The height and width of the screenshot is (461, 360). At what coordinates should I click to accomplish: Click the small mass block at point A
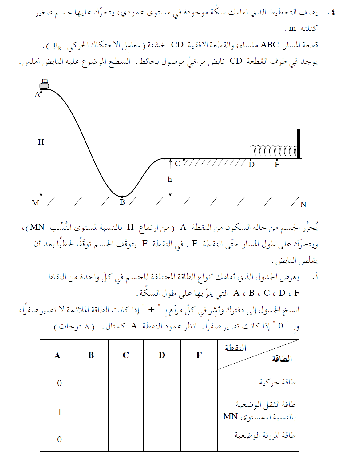coord(44,86)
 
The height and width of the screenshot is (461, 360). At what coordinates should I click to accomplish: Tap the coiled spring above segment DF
coord(274,151)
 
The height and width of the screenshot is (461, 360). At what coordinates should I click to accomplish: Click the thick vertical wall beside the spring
coord(299,144)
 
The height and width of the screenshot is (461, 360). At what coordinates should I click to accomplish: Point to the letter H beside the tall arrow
coord(41,142)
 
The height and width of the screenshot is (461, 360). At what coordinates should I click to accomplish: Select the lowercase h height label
coord(170,179)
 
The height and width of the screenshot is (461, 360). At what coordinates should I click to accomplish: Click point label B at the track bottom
coord(122,202)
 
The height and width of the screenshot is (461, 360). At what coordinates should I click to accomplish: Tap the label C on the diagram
coord(177,164)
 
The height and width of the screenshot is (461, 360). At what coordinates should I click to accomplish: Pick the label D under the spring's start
coord(251,165)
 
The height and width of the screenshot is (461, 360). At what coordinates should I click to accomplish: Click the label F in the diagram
coord(277,165)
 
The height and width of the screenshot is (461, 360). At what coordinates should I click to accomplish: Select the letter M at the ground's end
coord(35,203)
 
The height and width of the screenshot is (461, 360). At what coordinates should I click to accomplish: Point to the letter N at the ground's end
coord(303,205)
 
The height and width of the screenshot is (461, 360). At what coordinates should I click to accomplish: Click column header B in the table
coord(91,355)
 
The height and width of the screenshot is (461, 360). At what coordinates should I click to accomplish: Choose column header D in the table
coord(162,355)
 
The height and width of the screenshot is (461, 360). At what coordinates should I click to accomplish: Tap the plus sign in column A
coord(60,412)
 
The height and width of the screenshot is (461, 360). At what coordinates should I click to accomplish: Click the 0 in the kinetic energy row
coord(59,383)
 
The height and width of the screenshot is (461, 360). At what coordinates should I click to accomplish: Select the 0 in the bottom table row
coord(59,439)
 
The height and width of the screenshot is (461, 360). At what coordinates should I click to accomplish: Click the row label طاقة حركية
coord(277,382)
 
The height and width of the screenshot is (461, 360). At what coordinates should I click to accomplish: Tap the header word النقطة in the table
coord(235,348)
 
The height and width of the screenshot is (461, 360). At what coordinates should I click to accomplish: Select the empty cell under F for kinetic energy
coord(199,383)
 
